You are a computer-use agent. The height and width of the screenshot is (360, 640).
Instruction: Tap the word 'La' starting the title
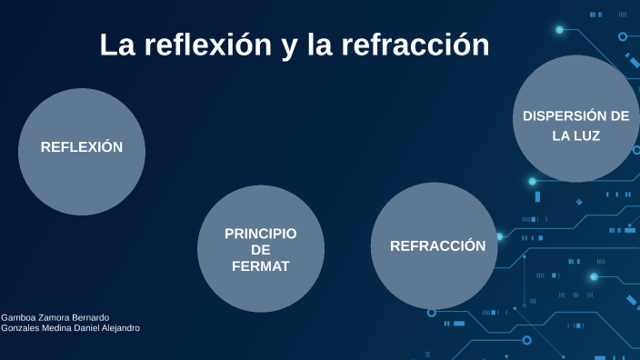tap(116, 45)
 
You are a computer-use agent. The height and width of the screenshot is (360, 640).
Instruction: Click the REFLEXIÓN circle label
tap(82, 147)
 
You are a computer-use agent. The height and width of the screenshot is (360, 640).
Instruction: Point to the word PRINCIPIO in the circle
tap(261, 234)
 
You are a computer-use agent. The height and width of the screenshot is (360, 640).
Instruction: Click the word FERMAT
tap(261, 266)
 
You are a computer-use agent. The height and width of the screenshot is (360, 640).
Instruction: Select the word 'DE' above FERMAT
tap(261, 250)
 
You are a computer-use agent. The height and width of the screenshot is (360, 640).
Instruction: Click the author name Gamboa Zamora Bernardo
tap(55, 317)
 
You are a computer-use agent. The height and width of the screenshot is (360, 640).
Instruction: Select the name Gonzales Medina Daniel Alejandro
tap(71, 328)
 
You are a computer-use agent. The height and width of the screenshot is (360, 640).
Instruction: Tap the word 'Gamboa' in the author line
tap(18, 317)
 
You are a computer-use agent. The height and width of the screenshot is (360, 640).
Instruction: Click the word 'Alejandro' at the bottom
tap(119, 328)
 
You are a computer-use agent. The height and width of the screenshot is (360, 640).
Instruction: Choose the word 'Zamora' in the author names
tap(53, 317)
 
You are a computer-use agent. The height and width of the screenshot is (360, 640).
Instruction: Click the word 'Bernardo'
tap(91, 317)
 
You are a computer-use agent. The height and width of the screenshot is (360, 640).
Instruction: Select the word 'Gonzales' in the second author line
tap(19, 328)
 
